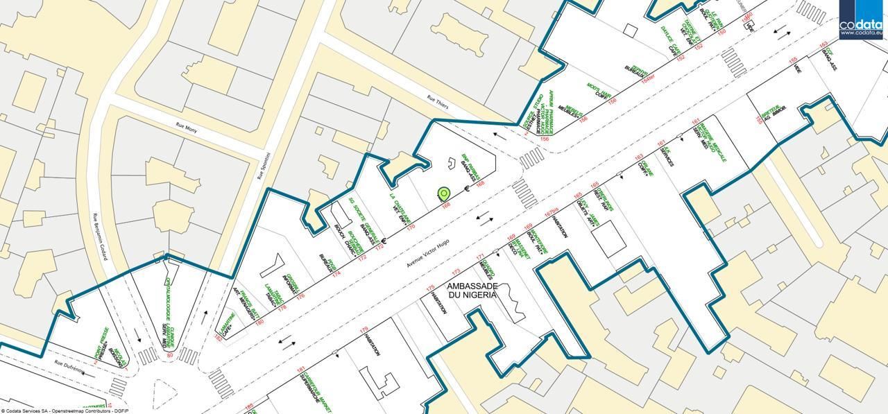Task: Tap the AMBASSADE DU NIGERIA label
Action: pyautogui.click(x=472, y=291)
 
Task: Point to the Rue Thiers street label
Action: pyautogui.click(x=437, y=103)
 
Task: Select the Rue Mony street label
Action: pyautogui.click(x=187, y=128)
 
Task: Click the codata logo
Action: pyautogui.click(x=861, y=19)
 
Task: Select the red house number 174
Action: pyautogui.click(x=336, y=274)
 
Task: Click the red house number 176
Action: pyautogui.click(x=300, y=296)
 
